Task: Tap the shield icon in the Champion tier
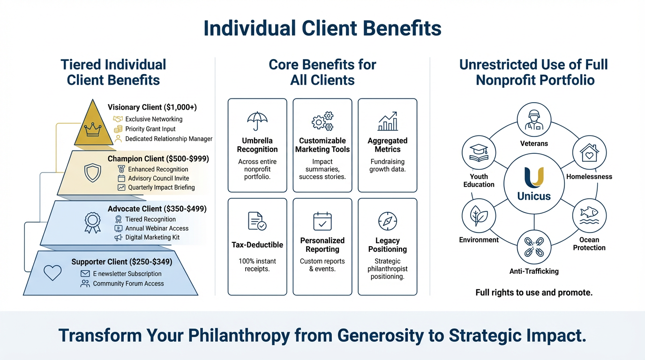[x=92, y=172]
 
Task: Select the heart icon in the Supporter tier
[x=52, y=272]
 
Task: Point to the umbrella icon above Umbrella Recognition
[x=257, y=121]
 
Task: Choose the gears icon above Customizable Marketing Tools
[x=322, y=121]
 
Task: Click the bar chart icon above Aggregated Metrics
[x=388, y=121]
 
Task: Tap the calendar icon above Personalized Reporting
[x=322, y=221]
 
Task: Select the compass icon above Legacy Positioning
[x=388, y=221]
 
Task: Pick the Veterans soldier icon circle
[x=533, y=119]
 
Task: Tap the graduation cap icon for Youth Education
[x=479, y=153]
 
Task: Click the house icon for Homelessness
[x=589, y=153]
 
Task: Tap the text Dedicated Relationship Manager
[x=169, y=139]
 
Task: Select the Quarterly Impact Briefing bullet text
[x=161, y=187]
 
